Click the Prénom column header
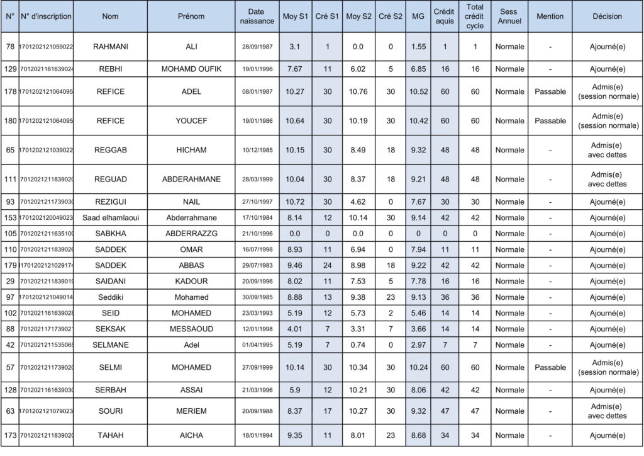pyautogui.click(x=191, y=16)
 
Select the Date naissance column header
pyautogui.click(x=257, y=16)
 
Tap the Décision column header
pyautogui.click(x=607, y=16)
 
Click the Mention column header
pyautogui.click(x=550, y=16)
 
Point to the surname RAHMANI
pyautogui.click(x=109, y=47)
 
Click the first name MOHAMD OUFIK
pyautogui.click(x=191, y=69)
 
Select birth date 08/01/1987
pyautogui.click(x=257, y=92)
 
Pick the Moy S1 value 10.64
pyautogui.click(x=294, y=121)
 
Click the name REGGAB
pyautogui.click(x=109, y=150)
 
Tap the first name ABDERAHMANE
pyautogui.click(x=191, y=180)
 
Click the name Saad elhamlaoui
pyautogui.click(x=109, y=217)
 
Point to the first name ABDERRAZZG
pyautogui.click(x=191, y=234)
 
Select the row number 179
pyautogui.click(x=10, y=265)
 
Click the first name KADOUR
pyautogui.click(x=191, y=281)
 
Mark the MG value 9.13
pyautogui.click(x=418, y=297)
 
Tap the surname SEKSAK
pyautogui.click(x=109, y=329)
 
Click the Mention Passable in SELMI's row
pyautogui.click(x=550, y=368)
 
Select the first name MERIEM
pyautogui.click(x=191, y=411)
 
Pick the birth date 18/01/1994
pyautogui.click(x=257, y=435)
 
